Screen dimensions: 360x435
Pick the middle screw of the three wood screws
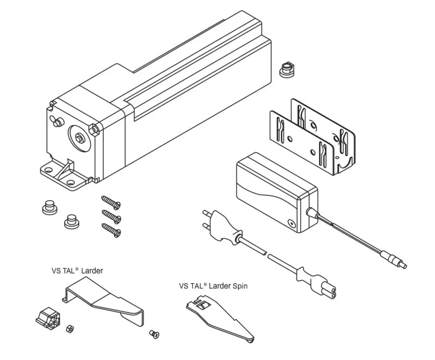111,218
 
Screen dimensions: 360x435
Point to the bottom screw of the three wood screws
111,231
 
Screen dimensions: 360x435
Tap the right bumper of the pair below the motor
70,221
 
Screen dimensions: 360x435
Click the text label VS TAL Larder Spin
213,285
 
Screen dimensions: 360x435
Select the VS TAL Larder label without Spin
77,270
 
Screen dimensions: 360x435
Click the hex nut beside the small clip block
69,328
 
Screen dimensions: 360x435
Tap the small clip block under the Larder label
48,316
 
